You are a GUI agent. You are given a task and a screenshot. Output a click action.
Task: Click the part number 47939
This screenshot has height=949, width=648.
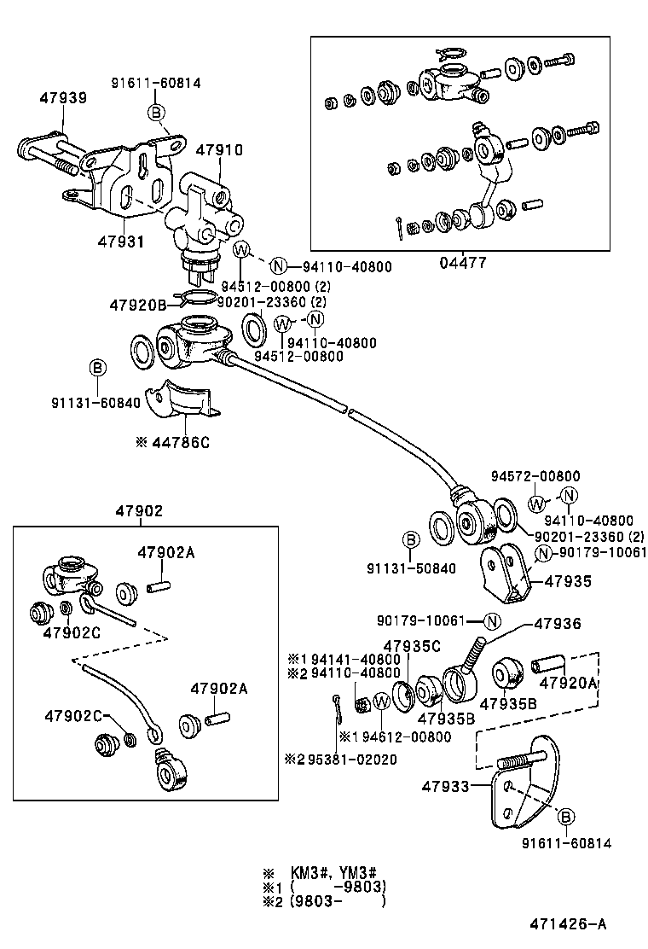coord(62,98)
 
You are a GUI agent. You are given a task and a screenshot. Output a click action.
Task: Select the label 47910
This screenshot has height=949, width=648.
coord(219,149)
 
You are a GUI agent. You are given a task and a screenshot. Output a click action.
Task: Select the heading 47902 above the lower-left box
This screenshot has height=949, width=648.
coord(138,511)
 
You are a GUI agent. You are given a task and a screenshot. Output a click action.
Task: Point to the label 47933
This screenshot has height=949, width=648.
coord(445,786)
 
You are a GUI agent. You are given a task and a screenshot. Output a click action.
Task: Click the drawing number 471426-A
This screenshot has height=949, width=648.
coord(569,924)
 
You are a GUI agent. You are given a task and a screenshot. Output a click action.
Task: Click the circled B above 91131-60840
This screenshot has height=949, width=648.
coord(97,368)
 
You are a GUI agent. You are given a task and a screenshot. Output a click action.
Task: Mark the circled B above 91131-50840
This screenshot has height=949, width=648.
coord(409,539)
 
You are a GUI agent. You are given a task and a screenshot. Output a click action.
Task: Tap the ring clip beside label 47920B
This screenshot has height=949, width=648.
coord(198,298)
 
